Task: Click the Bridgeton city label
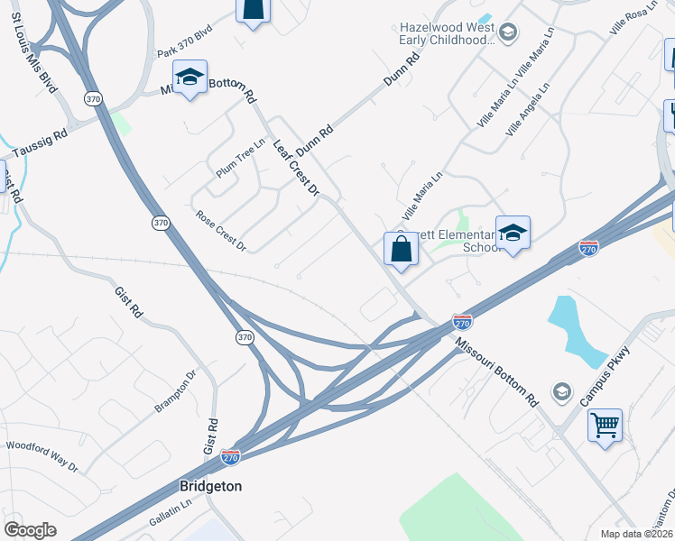click(x=210, y=486)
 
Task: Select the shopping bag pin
click(x=401, y=248)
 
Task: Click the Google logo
click(x=31, y=530)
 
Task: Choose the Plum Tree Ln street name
click(x=240, y=157)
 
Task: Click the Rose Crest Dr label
click(x=221, y=231)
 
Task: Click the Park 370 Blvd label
click(x=184, y=54)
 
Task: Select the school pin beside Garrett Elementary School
click(x=513, y=233)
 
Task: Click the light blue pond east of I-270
click(x=578, y=329)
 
